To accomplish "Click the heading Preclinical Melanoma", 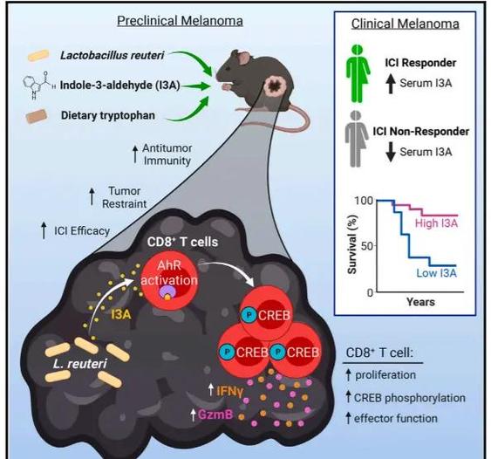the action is click(180, 21).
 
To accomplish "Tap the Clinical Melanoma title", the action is click(406, 24).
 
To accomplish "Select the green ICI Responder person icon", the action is click(358, 73).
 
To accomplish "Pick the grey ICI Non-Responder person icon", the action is click(357, 140).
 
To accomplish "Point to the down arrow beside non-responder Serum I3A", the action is click(390, 152).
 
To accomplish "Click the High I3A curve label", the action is click(437, 223).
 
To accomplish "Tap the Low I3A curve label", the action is click(437, 273).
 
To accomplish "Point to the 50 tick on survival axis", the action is click(367, 245).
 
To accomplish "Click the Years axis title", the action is click(420, 302).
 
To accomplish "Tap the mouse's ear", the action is click(242, 58).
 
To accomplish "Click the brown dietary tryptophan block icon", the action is click(37, 116).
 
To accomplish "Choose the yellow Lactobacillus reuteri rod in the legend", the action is click(38, 55).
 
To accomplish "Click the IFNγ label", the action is click(229, 391).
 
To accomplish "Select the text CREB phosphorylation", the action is click(410, 398).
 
